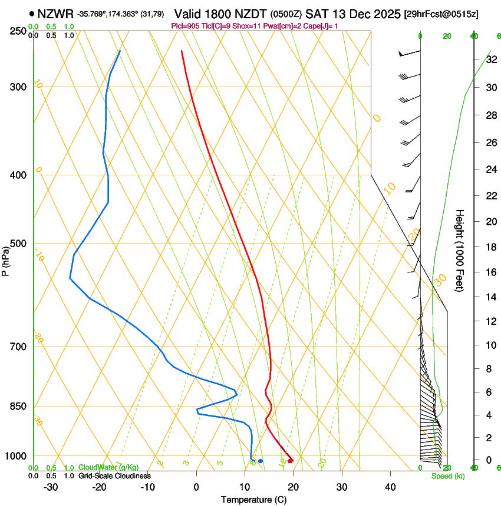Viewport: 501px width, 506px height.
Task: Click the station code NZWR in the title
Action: [x=55, y=14]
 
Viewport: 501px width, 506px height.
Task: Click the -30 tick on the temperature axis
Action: [x=50, y=487]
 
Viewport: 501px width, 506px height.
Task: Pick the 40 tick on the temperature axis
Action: [x=390, y=487]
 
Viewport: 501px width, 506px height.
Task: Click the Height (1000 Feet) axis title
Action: [x=460, y=251]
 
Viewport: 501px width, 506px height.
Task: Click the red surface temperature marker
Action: [x=290, y=460]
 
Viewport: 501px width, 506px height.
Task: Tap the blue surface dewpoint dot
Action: [x=260, y=460]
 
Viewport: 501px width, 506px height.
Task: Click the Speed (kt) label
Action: [x=447, y=476]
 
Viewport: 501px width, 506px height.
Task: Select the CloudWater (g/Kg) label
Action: [x=101, y=468]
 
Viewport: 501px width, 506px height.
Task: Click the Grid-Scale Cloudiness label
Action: [x=114, y=475]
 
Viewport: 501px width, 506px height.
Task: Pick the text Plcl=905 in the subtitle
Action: [x=185, y=26]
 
